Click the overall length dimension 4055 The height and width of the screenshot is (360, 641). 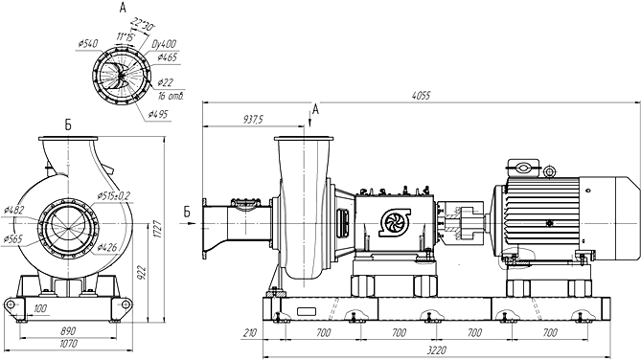(x=421, y=96)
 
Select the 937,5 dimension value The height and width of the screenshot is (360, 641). (x=254, y=120)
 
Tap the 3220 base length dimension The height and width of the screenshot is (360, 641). (x=437, y=350)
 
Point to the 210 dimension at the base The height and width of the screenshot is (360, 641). (x=249, y=333)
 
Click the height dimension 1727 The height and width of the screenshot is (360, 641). (x=158, y=230)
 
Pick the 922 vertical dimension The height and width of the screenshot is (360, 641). (x=141, y=273)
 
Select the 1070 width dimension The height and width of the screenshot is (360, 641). (x=68, y=344)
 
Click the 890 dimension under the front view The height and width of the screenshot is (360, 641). (x=67, y=330)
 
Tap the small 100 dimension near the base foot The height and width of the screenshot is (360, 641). (x=39, y=308)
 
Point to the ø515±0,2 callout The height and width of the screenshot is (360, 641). (x=113, y=196)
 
